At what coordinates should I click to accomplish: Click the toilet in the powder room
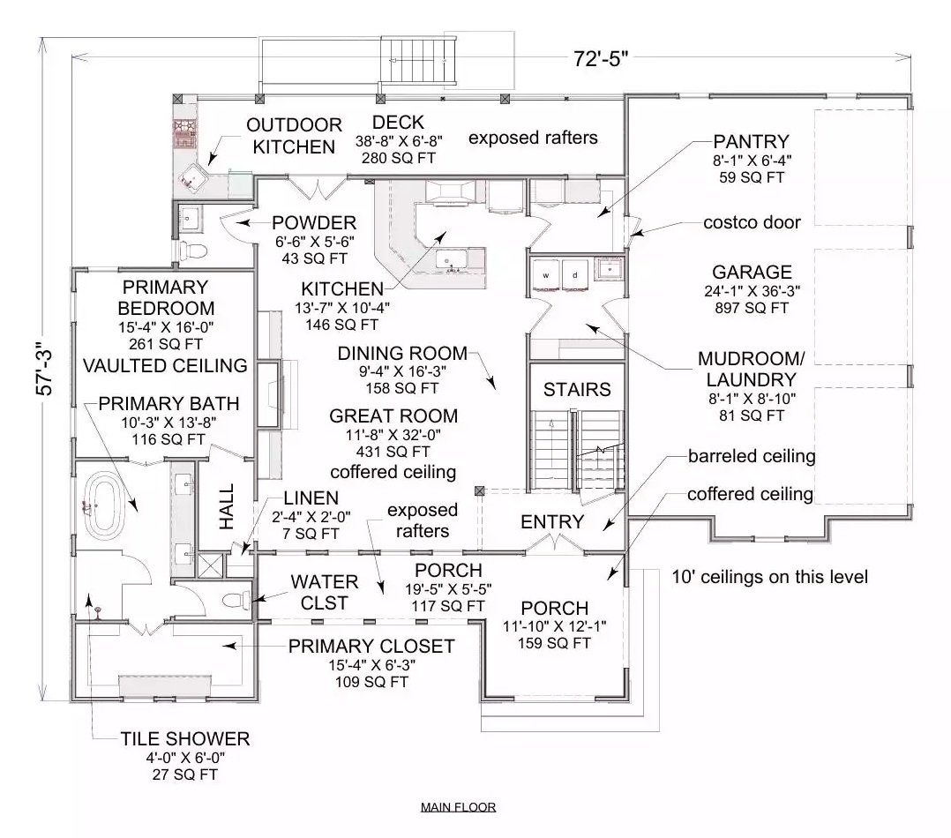point(192,251)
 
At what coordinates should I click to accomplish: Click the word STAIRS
point(576,388)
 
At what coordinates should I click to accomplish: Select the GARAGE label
point(752,273)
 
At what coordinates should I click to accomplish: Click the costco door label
point(753,222)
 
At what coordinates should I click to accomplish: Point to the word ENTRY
point(552,521)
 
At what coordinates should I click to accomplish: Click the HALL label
point(227,505)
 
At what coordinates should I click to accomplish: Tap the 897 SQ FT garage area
point(752,308)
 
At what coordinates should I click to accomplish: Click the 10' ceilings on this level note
point(769,577)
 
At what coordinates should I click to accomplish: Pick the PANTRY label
point(751,141)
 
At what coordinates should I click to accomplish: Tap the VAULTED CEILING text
point(165,364)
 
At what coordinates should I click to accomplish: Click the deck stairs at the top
point(420,61)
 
